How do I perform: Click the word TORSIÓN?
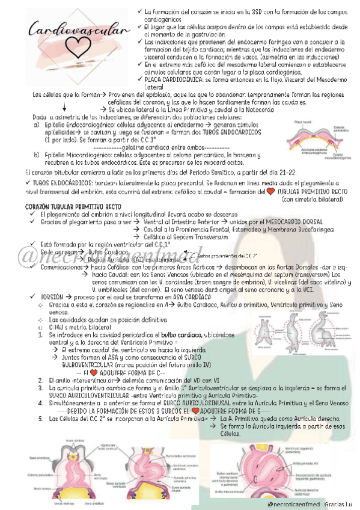click(49, 297)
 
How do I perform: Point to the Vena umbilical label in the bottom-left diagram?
click(96, 503)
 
